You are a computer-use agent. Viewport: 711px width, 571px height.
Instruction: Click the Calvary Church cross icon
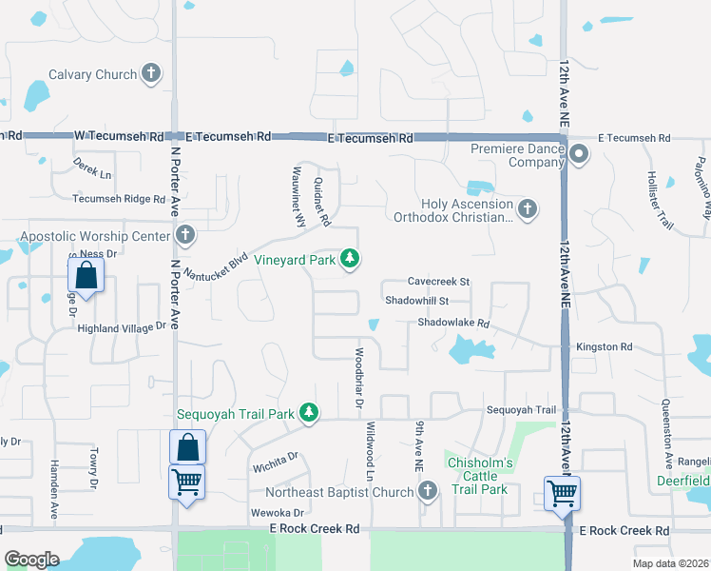click(151, 73)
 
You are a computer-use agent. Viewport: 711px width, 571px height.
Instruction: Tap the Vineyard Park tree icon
click(351, 258)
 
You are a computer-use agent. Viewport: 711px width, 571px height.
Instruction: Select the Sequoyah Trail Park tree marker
click(308, 412)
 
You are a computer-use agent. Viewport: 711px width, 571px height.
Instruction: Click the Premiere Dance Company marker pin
click(578, 153)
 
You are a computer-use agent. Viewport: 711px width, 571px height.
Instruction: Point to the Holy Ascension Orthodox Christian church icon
click(528, 207)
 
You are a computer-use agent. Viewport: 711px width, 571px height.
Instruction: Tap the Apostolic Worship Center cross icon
click(184, 233)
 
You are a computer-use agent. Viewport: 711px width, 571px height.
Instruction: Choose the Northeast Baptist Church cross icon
click(428, 491)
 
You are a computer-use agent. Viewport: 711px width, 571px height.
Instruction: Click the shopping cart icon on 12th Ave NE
click(562, 493)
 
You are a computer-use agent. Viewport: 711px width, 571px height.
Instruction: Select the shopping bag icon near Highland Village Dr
click(86, 275)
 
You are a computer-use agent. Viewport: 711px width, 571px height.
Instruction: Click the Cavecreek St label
click(438, 282)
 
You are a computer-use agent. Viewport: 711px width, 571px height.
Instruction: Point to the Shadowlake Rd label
click(452, 324)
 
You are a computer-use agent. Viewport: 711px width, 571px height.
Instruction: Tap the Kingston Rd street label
click(604, 347)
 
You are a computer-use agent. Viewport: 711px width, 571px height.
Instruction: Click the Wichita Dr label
click(277, 462)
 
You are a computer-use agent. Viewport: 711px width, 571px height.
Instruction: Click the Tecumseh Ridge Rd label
click(119, 199)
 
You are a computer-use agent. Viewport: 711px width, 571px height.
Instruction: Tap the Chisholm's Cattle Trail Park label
click(480, 476)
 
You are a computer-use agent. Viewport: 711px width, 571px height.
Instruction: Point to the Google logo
click(31, 559)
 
